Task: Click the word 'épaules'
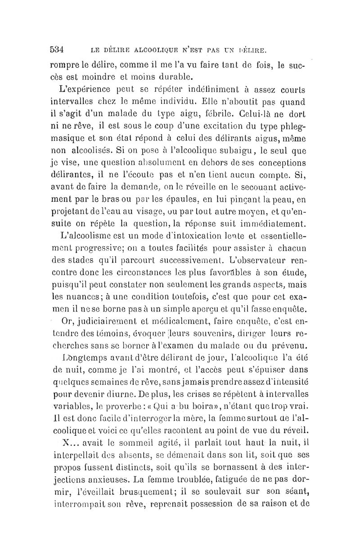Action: pyautogui.click(x=187, y=198)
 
